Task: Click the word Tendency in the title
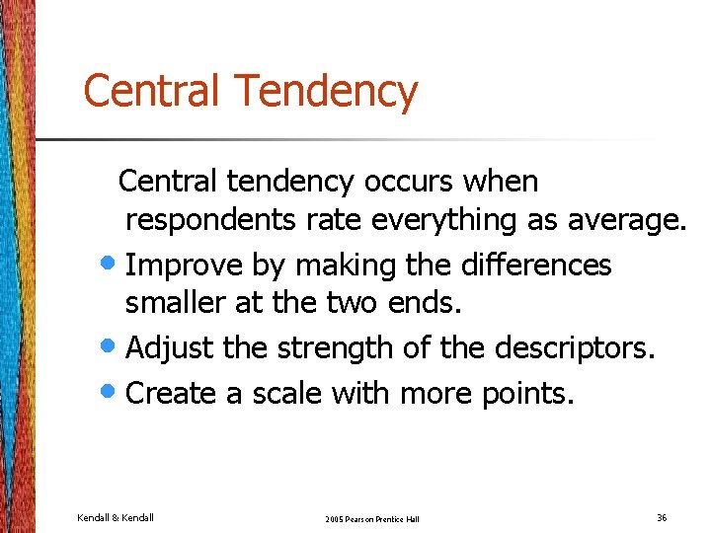tap(327, 92)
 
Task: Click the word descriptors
tap(573, 348)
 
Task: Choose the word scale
tap(287, 393)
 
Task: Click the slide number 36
tap(661, 516)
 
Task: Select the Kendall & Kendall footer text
tap(116, 516)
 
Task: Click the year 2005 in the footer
tap(335, 518)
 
